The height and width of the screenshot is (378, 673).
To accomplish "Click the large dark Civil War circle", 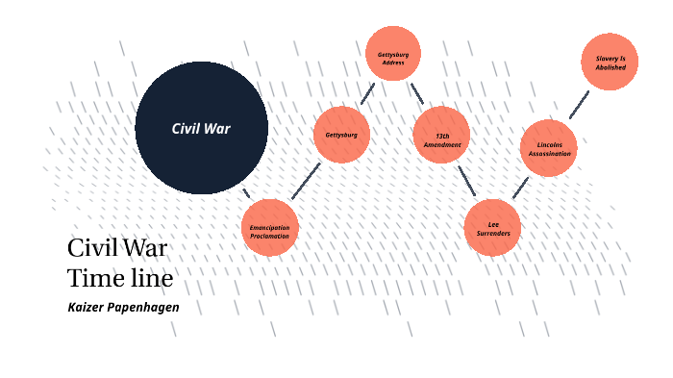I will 201,128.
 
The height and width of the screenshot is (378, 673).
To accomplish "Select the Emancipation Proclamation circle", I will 270,228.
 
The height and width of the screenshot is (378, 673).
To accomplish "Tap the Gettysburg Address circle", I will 393,55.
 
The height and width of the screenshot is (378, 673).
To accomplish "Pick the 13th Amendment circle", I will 441,136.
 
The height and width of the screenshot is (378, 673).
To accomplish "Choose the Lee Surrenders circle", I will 492,228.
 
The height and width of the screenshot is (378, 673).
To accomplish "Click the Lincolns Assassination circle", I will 549,148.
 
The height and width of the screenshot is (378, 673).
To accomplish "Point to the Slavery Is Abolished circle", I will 610,62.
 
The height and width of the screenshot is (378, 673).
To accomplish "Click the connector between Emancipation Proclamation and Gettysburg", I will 306,181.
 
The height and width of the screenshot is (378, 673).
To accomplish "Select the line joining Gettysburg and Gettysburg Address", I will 366,93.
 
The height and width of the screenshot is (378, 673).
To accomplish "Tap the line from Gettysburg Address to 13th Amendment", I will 417,93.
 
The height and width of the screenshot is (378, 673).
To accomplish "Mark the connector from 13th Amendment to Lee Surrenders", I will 466,181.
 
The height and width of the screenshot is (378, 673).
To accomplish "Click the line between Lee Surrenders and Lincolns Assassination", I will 520,187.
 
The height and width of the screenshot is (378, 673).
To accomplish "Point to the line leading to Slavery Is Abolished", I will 579,105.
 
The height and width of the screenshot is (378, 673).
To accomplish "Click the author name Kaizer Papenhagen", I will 123,308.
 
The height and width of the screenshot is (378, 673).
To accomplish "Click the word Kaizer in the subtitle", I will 87,308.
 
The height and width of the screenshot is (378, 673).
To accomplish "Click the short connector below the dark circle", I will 246,192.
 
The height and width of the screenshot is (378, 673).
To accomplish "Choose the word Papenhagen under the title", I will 145,308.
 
